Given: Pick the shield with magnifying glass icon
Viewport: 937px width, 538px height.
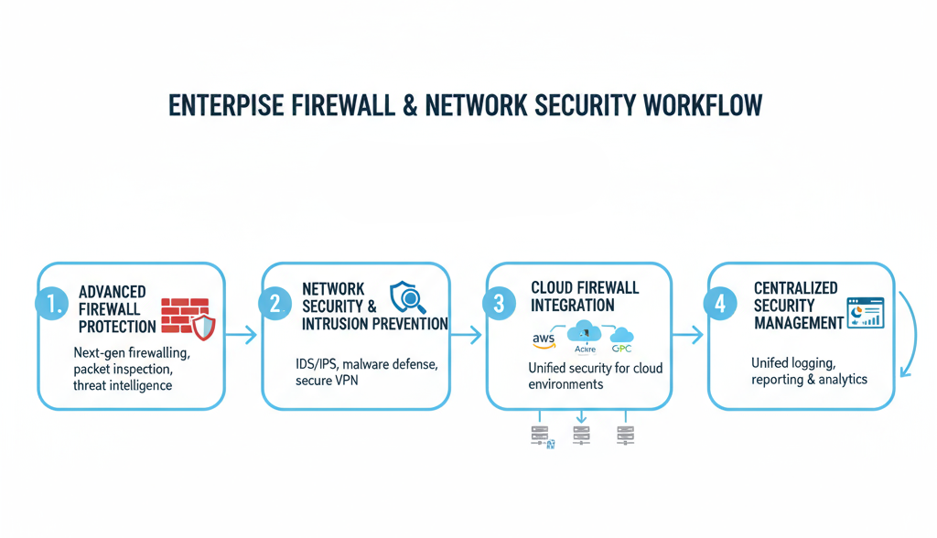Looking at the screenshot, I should pyautogui.click(x=407, y=297).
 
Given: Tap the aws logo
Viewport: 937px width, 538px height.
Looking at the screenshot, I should pyautogui.click(x=544, y=340).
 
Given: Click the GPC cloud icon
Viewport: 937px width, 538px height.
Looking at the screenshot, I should pyautogui.click(x=622, y=339).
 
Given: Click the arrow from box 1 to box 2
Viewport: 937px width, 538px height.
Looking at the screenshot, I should pyautogui.click(x=242, y=337).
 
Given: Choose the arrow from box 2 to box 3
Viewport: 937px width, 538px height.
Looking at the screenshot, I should pyautogui.click(x=466, y=337).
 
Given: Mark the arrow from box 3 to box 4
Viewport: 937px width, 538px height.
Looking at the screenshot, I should pyautogui.click(x=688, y=337).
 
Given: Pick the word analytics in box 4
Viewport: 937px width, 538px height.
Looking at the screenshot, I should pyautogui.click(x=838, y=379).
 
